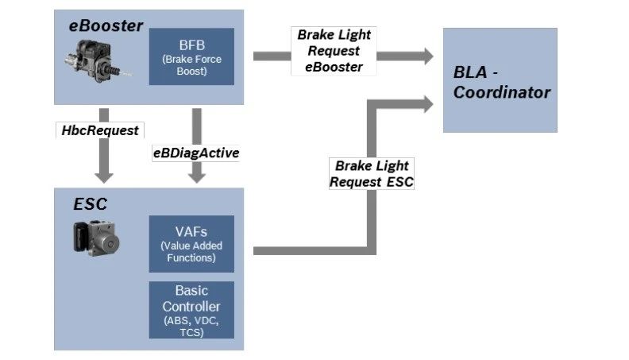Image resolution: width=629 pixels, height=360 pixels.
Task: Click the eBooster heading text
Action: coord(105,26)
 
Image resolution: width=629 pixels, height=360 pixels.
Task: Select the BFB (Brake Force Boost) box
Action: coord(191,56)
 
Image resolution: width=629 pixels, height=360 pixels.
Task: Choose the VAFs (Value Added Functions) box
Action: coord(191,243)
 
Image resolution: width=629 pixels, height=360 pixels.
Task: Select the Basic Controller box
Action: coord(191,309)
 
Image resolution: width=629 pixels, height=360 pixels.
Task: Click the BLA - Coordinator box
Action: coord(500,80)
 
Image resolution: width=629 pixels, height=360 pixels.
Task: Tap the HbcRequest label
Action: coord(99,130)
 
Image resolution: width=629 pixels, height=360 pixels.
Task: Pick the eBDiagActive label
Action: coord(195,153)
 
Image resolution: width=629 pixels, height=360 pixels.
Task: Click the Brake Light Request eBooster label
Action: coord(334,52)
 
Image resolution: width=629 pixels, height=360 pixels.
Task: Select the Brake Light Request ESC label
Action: coord(372,173)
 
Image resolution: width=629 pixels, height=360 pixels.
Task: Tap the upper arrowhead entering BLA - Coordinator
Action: coord(427,56)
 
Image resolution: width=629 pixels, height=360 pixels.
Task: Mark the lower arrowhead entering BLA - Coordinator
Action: coord(427,102)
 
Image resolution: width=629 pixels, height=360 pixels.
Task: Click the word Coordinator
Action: coord(502,92)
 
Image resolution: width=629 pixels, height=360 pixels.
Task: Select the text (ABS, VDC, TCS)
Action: coord(191,327)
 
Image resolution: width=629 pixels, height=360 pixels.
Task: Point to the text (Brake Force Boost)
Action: coord(191,64)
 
